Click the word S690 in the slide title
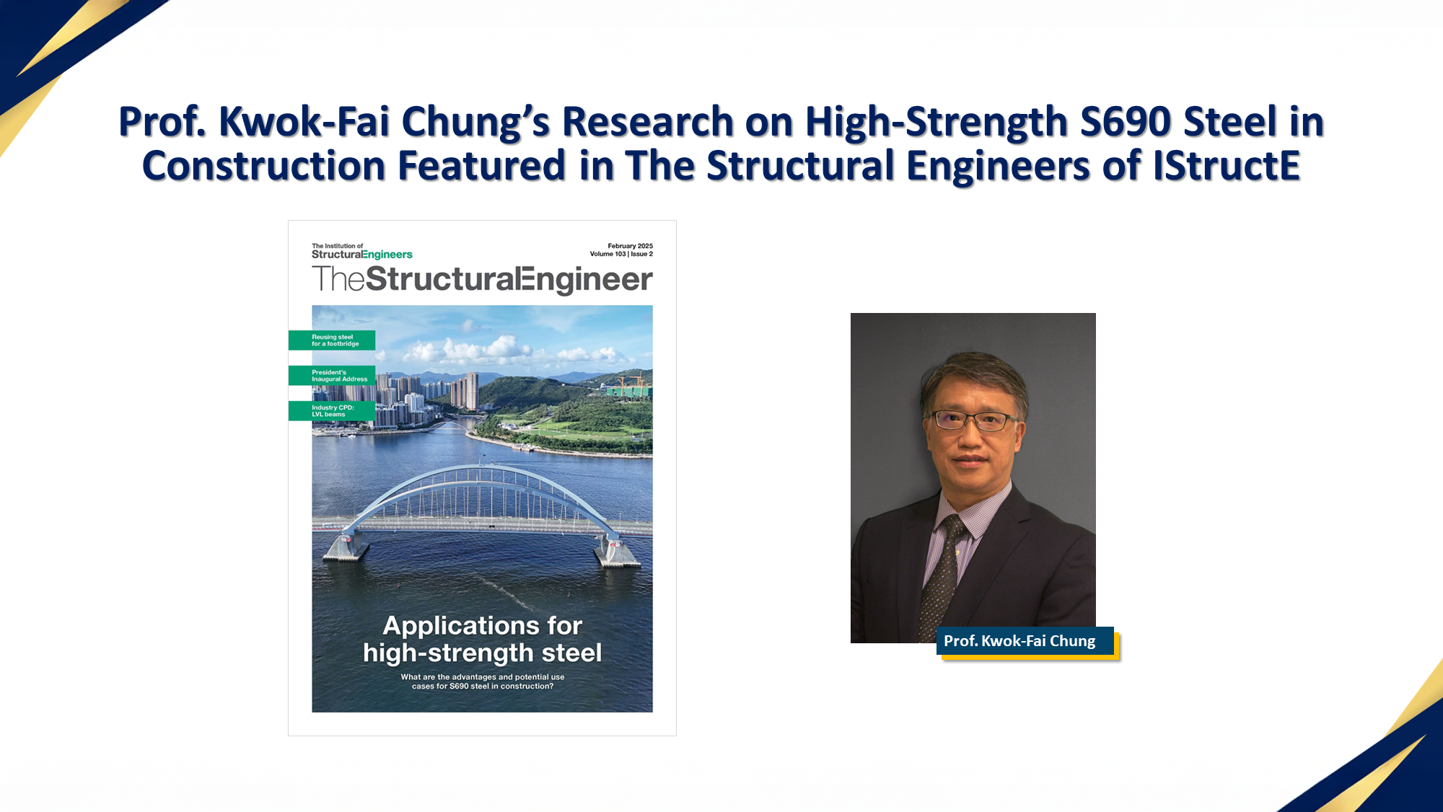tap(1126, 121)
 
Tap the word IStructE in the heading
tap(1227, 166)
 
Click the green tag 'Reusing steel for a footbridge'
tap(333, 340)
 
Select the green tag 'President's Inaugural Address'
tap(333, 376)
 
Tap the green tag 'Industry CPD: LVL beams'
tap(333, 411)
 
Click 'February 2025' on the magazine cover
tap(630, 246)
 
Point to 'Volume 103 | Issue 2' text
tap(621, 254)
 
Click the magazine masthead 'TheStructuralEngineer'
tap(482, 280)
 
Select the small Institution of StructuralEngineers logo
tap(361, 251)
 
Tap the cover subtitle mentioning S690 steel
tap(482, 681)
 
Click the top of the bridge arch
tap(482, 469)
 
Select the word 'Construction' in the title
tap(264, 166)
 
